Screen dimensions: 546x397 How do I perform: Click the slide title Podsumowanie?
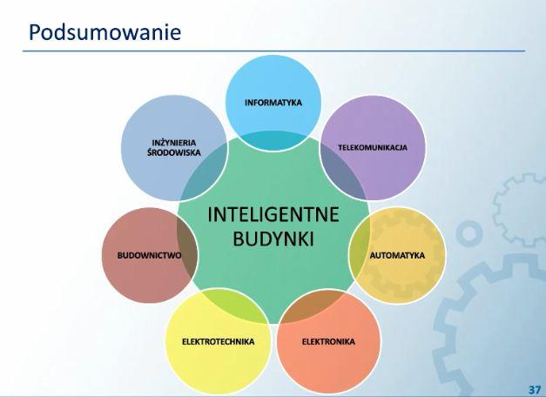[104, 32]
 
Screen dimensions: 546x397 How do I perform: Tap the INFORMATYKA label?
[273, 103]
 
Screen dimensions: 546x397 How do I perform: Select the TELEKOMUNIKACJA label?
[373, 147]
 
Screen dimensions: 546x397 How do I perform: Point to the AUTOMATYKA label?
[397, 255]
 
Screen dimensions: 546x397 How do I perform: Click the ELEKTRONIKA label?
[328, 341]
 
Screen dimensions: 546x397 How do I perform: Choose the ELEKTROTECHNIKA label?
[219, 341]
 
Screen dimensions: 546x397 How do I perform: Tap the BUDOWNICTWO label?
[149, 255]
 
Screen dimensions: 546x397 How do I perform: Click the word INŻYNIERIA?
[174, 143]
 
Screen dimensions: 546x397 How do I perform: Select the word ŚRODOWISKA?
[174, 152]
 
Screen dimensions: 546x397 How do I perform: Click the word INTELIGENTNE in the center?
[273, 214]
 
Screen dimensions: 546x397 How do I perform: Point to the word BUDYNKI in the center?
[273, 239]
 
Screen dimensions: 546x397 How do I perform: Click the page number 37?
[535, 389]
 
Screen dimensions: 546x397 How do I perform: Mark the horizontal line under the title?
[274, 50]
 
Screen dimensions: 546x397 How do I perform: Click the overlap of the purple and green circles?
[345, 172]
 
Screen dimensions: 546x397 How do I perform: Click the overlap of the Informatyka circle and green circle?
[273, 140]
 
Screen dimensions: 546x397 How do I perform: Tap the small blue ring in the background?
[469, 233]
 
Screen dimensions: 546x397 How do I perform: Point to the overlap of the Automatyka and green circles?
[360, 254]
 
